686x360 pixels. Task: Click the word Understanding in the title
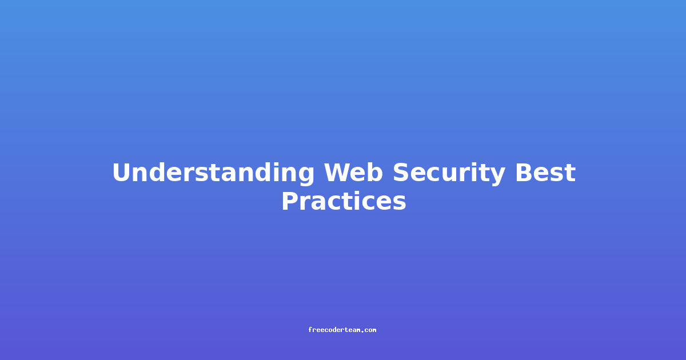tap(213, 174)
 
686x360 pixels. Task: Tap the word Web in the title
tap(353, 173)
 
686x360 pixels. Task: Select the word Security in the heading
tap(449, 174)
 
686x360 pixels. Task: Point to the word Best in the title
tap(545, 173)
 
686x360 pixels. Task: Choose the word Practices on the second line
tap(344, 201)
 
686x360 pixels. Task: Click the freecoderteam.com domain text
tap(342, 330)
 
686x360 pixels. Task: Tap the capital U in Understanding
tap(122, 173)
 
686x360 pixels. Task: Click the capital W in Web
tap(337, 173)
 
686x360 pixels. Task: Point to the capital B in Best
tap(524, 173)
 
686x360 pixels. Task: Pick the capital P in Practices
tap(290, 201)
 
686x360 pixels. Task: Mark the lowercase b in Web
tap(375, 172)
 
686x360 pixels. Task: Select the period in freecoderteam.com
tap(362, 331)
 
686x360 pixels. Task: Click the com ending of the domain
tap(370, 330)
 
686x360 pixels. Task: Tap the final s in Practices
tap(399, 203)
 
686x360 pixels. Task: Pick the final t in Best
tap(571, 174)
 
